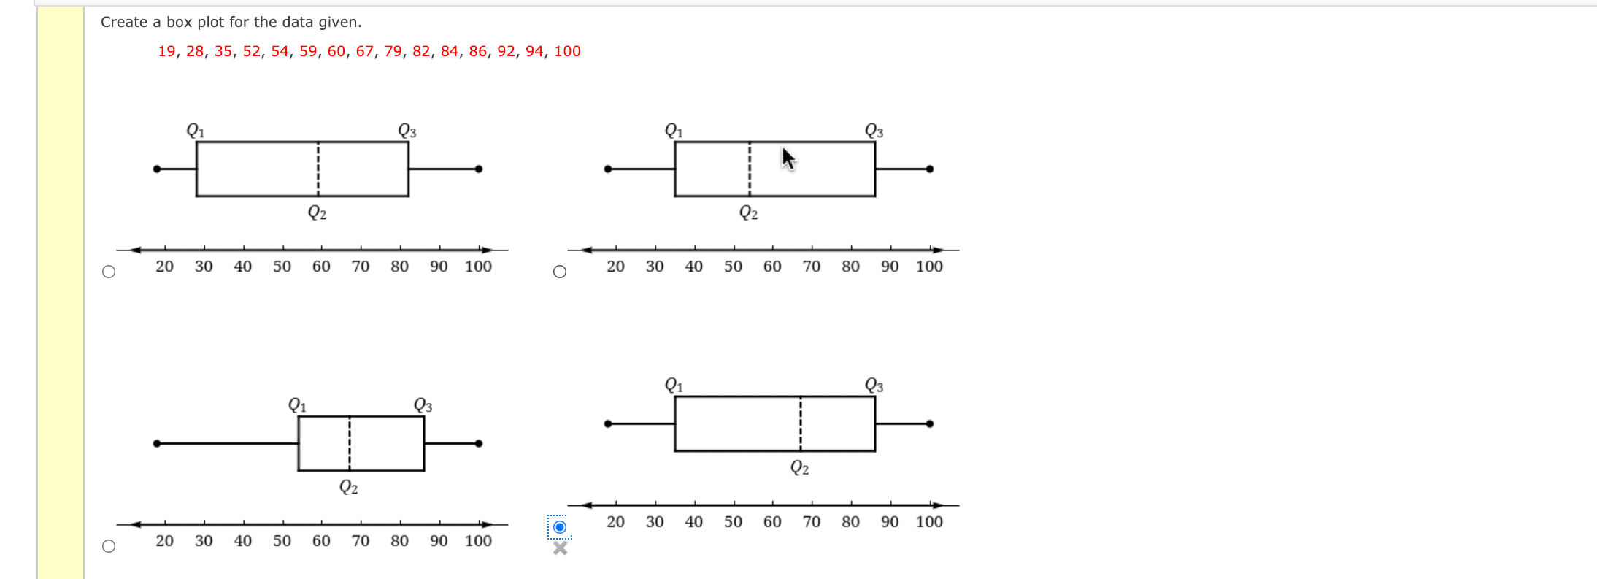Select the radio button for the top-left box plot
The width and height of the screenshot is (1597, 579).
pyautogui.click(x=109, y=272)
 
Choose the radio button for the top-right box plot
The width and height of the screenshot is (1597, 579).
pyautogui.click(x=560, y=272)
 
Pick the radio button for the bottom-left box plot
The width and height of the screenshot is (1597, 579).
pyautogui.click(x=109, y=546)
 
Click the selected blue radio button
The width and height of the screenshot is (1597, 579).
pyautogui.click(x=560, y=527)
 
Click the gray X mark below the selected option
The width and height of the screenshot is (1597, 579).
pyautogui.click(x=560, y=548)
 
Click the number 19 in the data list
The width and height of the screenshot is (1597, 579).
pyautogui.click(x=166, y=51)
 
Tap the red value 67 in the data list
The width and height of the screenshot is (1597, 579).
pyautogui.click(x=365, y=51)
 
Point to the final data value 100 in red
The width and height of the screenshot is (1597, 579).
pyautogui.click(x=567, y=51)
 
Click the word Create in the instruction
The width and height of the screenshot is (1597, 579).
pyautogui.click(x=124, y=22)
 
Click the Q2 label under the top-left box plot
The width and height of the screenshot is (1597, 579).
pyautogui.click(x=317, y=212)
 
